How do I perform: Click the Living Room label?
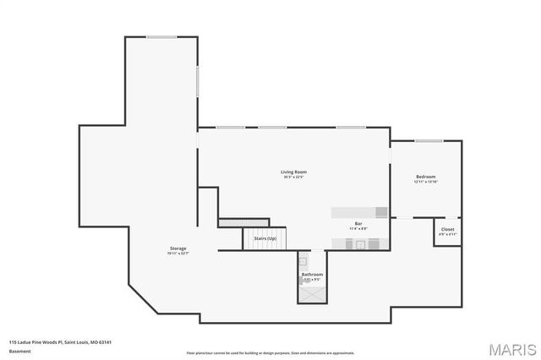point(293,172)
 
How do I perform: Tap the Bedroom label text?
point(425,177)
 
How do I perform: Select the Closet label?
point(448,229)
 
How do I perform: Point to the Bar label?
point(358,223)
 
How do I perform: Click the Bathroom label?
point(312,275)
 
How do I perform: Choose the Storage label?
point(178,248)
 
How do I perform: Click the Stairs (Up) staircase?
point(265,239)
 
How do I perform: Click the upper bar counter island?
point(359,211)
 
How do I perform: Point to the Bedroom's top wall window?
point(428,141)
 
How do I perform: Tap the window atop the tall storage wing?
point(161,36)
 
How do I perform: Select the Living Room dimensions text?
point(293,177)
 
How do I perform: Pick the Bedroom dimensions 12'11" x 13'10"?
point(425,182)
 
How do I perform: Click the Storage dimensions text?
point(178,254)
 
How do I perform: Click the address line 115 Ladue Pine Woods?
point(60,342)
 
